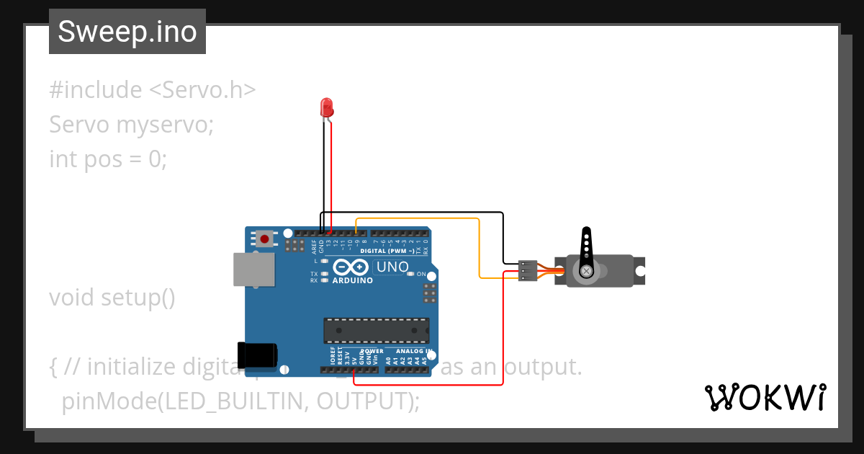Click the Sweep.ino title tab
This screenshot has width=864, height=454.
tap(127, 32)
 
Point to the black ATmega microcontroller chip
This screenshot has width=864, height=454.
tap(376, 330)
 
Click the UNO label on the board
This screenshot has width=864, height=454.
tap(393, 267)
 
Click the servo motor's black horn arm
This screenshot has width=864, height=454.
tap(587, 249)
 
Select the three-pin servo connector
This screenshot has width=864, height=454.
tap(528, 270)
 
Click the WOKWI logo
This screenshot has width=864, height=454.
tap(765, 397)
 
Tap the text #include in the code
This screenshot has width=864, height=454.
tap(96, 90)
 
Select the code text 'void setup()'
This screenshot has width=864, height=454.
tap(112, 298)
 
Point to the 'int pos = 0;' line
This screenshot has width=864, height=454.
tap(108, 159)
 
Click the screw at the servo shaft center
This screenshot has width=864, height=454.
tap(587, 271)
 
